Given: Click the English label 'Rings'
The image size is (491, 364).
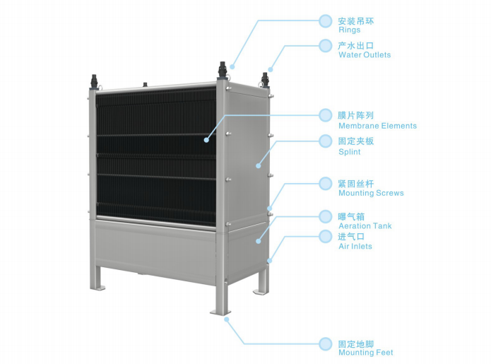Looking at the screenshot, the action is [x=350, y=30].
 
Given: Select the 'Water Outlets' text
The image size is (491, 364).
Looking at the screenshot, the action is [x=365, y=55].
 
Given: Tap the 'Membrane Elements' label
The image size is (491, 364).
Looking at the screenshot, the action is [x=378, y=126].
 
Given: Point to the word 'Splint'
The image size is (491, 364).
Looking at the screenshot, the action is [x=350, y=152].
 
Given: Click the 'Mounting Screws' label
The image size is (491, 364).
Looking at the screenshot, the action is [x=371, y=193].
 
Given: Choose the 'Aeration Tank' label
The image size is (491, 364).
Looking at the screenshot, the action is [x=365, y=226].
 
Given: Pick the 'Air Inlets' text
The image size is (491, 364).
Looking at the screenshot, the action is [x=355, y=246].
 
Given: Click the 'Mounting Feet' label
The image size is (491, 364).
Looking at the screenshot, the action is [x=366, y=353].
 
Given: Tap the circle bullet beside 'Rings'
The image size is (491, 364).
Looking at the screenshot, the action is [x=326, y=21].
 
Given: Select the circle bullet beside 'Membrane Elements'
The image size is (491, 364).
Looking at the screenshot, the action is [x=326, y=115].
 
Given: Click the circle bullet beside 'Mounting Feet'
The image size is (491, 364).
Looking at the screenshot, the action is [x=326, y=344].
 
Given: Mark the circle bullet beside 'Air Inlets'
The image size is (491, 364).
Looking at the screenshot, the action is [x=326, y=236].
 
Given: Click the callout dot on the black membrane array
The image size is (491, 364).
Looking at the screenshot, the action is [x=206, y=140].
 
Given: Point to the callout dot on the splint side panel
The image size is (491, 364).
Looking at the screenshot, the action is [x=259, y=165].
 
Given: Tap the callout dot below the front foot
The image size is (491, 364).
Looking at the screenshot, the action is [x=227, y=319].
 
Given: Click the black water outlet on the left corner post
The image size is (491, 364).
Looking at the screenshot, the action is [x=94, y=82].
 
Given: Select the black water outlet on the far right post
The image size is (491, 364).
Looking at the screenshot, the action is [x=265, y=80].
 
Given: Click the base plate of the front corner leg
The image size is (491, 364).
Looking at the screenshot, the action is [x=220, y=312].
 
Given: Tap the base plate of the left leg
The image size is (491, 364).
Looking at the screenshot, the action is [x=97, y=288].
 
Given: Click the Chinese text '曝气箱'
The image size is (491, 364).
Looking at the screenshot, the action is [x=351, y=217].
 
